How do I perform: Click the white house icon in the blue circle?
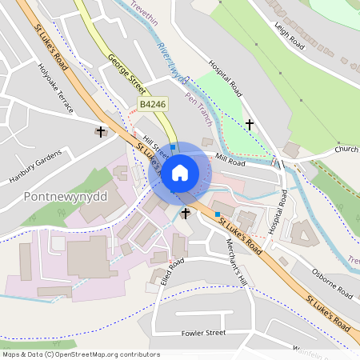point(180,173)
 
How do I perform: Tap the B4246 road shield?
point(154,105)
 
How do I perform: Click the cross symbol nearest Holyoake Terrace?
point(100,131)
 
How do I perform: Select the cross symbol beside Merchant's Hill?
point(186,213)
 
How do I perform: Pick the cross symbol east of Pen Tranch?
point(250,124)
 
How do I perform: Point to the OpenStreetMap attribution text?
point(80,354)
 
